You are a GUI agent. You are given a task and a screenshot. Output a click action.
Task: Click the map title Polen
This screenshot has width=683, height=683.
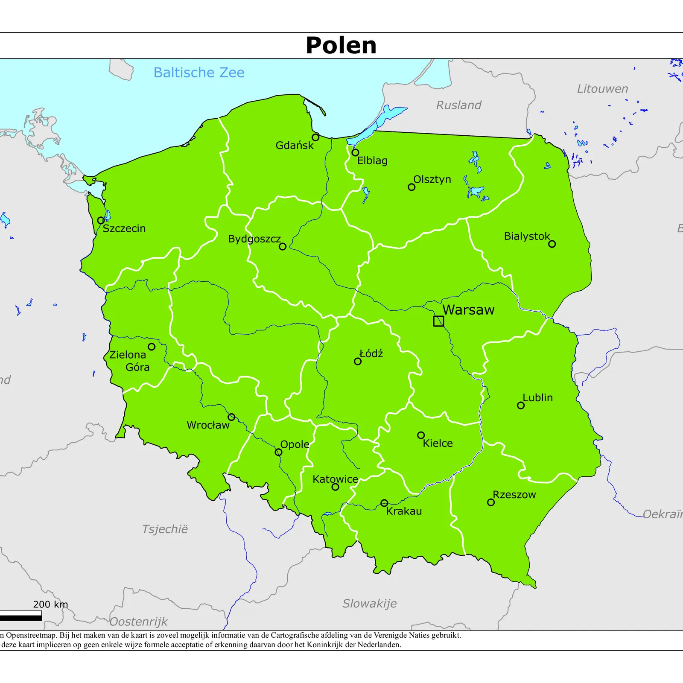[x=341, y=45]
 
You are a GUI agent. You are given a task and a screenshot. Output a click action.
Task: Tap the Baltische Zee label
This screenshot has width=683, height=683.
[x=199, y=73]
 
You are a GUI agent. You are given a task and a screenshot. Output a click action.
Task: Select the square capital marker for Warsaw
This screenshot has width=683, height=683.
[x=438, y=321]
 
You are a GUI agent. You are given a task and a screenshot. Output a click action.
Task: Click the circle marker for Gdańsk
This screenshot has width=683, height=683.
[x=315, y=137]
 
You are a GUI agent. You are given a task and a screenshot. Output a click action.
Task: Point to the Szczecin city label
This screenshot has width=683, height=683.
[x=124, y=228]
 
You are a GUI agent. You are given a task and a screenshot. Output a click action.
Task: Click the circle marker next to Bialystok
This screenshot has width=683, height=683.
[x=552, y=244]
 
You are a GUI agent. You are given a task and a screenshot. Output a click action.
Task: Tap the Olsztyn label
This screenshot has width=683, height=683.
[x=432, y=179]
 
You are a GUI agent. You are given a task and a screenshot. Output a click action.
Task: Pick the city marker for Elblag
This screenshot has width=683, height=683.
[x=355, y=152]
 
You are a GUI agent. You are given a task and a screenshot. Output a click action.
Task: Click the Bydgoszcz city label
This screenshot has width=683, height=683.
[x=254, y=239]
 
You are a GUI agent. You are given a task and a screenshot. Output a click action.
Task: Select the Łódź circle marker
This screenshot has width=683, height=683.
[x=358, y=361]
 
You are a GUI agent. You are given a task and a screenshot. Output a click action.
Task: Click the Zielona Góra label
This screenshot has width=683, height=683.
[x=130, y=361]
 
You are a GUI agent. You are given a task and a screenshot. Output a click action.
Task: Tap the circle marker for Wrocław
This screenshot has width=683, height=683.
[x=231, y=417]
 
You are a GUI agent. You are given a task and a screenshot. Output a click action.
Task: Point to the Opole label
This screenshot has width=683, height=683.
[x=295, y=444]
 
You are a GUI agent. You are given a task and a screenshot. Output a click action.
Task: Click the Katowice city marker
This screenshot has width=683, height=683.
[x=336, y=487]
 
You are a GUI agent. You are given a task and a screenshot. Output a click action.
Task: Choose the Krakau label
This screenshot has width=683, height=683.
[x=404, y=511]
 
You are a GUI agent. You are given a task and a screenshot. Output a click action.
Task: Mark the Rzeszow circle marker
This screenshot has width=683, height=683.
[x=491, y=502]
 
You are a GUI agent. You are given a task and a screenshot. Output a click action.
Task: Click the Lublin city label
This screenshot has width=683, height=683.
[x=537, y=397]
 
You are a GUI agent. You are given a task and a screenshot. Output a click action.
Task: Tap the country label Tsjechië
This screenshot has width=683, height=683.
[x=165, y=529]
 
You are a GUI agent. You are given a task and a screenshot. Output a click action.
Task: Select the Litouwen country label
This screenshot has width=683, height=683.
[x=602, y=89]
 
